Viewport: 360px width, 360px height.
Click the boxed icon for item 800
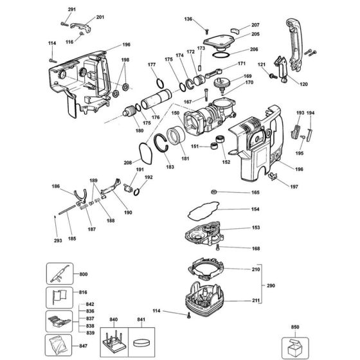tap(57, 274)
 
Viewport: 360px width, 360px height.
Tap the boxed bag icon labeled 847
tap(57, 346)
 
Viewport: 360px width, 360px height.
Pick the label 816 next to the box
tap(84, 292)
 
